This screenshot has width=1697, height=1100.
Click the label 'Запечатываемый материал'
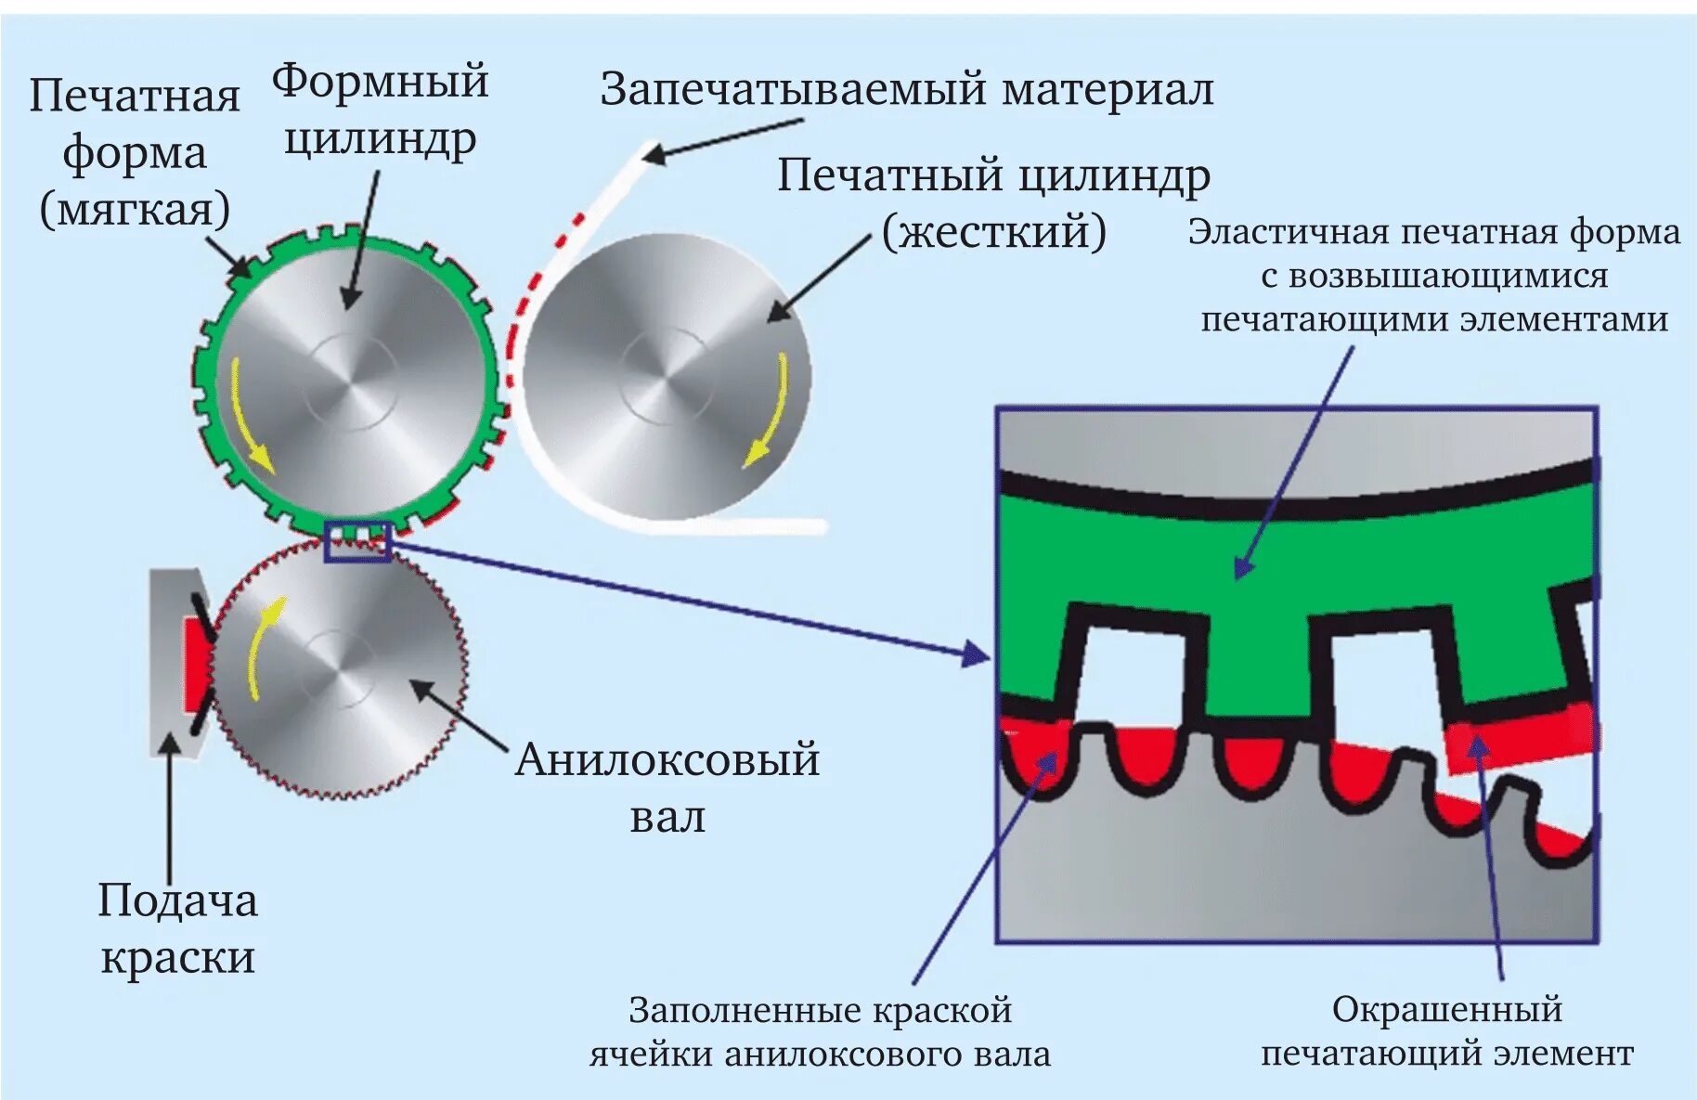click(x=906, y=90)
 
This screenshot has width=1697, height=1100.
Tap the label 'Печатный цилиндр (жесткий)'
click(x=993, y=202)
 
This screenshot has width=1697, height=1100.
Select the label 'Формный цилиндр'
click(x=380, y=110)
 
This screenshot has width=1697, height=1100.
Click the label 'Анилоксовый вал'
click(x=667, y=787)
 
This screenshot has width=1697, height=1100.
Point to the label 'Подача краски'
click(x=177, y=928)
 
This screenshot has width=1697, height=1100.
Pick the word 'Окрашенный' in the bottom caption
click(x=1446, y=1009)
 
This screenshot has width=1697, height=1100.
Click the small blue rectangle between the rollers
click(x=357, y=541)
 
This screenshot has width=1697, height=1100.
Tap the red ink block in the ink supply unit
click(x=195, y=663)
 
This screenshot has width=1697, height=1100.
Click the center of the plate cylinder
click(x=351, y=381)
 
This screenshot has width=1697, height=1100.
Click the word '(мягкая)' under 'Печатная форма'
click(x=135, y=209)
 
